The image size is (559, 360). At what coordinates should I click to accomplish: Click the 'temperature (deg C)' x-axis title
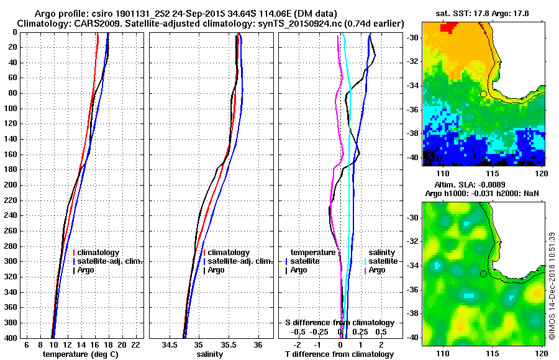click(x=80, y=354)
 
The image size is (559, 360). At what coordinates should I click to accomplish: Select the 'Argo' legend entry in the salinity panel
click(x=217, y=270)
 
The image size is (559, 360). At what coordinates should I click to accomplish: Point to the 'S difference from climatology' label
click(x=339, y=323)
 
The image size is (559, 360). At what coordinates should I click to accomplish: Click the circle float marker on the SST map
click(x=483, y=94)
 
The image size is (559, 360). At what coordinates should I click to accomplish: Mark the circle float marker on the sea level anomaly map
click(x=483, y=274)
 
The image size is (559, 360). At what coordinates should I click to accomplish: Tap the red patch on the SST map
click(x=447, y=27)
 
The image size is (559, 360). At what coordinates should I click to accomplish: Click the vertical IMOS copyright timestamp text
click(x=552, y=286)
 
